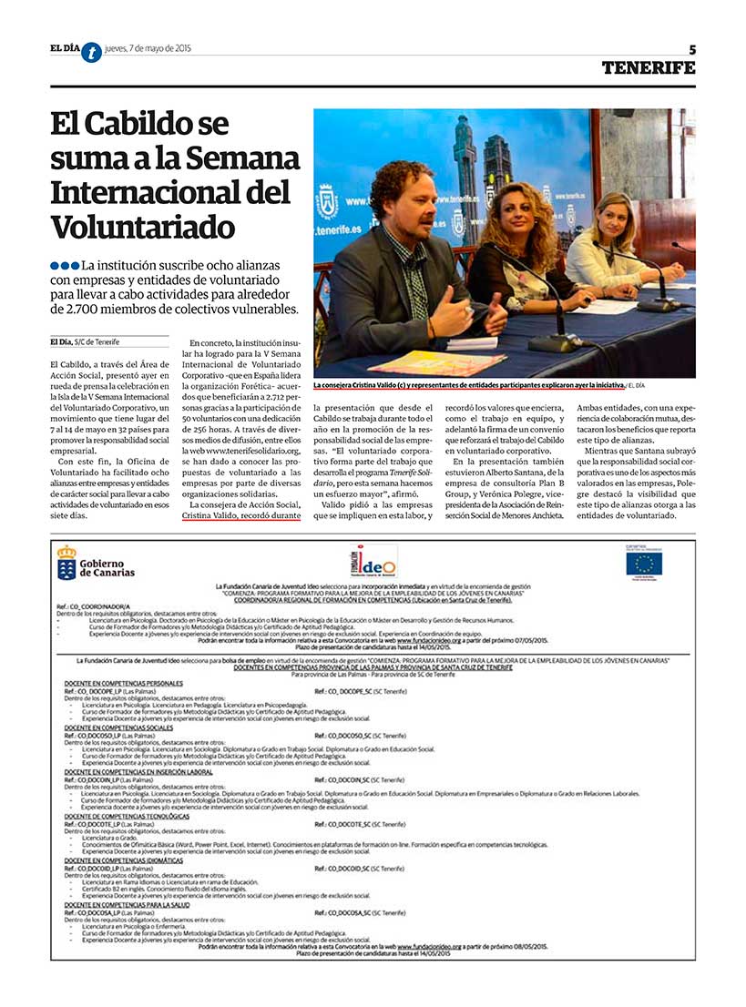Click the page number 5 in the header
[691, 49]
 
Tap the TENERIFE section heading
[648, 67]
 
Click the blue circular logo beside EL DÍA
[91, 53]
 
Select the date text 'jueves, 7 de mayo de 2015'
[148, 48]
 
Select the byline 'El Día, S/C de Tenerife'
[92, 342]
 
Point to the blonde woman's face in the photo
[612, 218]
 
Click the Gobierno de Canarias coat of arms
[66, 565]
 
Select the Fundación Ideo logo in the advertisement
[373, 562]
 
